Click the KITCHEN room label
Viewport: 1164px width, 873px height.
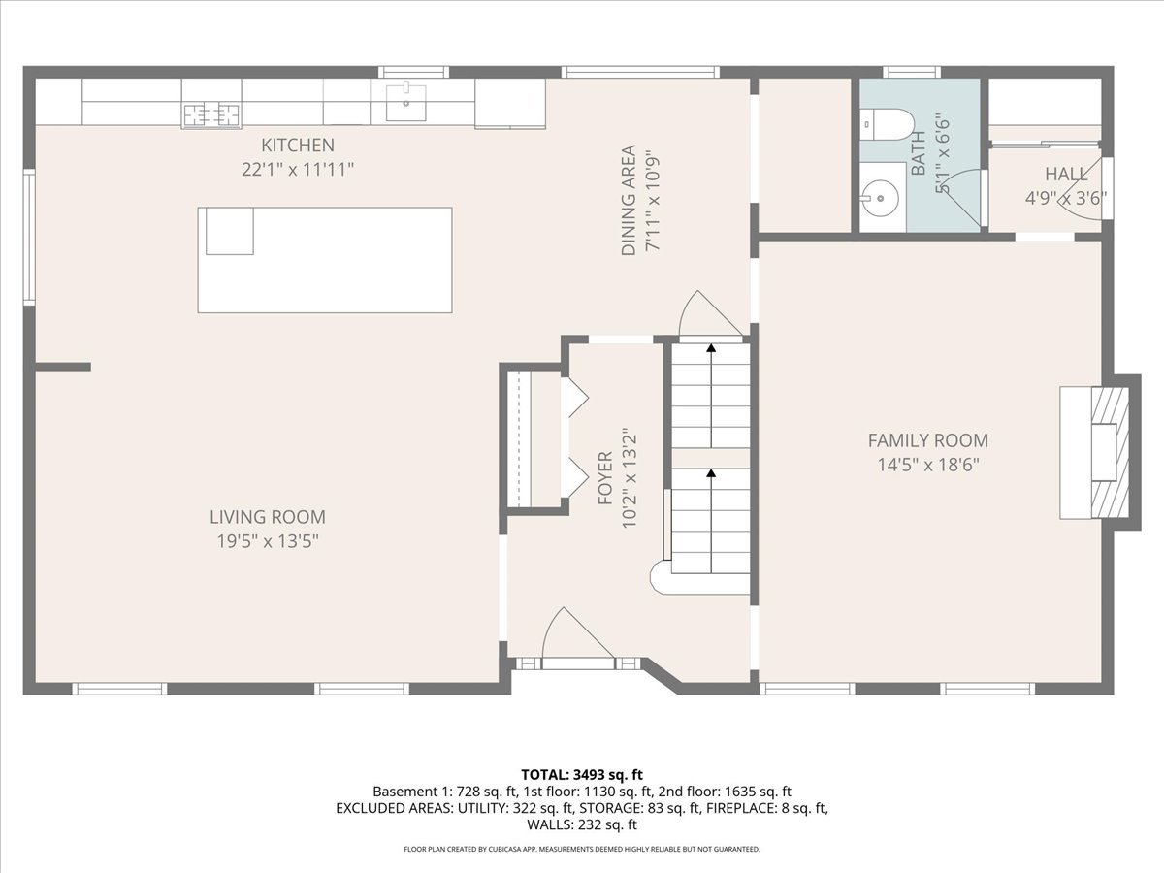click(298, 145)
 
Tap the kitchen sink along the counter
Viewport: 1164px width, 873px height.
click(405, 102)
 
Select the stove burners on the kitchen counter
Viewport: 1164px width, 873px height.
click(211, 114)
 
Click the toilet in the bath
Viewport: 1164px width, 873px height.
click(888, 124)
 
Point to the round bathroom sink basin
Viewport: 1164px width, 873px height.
click(879, 198)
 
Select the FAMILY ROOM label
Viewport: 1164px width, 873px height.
click(928, 440)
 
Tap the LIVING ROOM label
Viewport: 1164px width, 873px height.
click(268, 517)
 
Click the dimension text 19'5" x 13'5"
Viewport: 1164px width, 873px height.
click(268, 541)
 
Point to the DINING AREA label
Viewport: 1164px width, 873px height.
click(629, 201)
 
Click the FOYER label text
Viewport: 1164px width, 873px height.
click(605, 478)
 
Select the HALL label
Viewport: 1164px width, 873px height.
click(1066, 174)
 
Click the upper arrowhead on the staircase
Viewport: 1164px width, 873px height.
click(711, 347)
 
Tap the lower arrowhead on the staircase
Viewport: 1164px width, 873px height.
click(711, 472)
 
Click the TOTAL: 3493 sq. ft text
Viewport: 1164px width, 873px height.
click(582, 775)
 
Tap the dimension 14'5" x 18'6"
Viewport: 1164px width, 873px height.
click(928, 465)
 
